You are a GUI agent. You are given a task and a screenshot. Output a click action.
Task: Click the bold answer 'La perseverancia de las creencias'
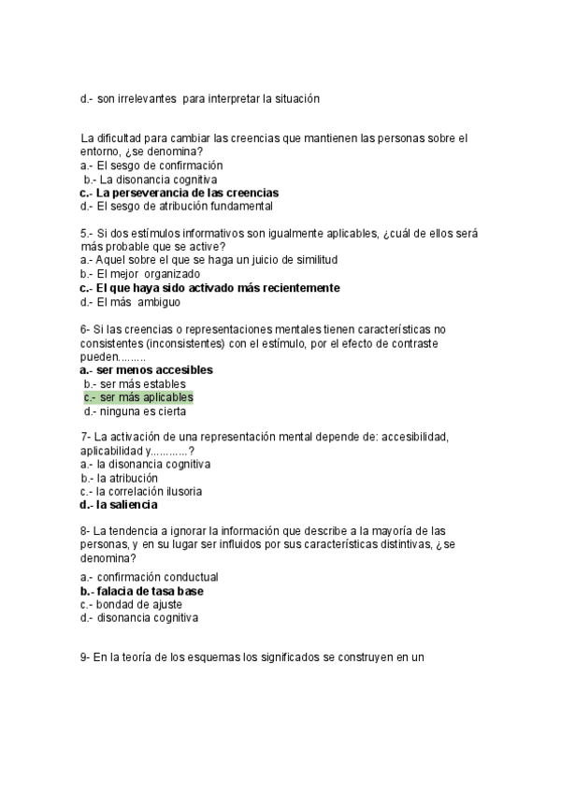click(187, 193)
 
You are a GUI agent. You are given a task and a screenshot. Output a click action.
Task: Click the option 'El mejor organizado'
click(148, 274)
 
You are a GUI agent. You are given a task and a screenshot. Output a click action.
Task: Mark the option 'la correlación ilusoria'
click(149, 491)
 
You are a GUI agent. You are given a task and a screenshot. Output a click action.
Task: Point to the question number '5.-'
click(89, 233)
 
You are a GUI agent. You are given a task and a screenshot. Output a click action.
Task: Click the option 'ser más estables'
click(141, 384)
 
